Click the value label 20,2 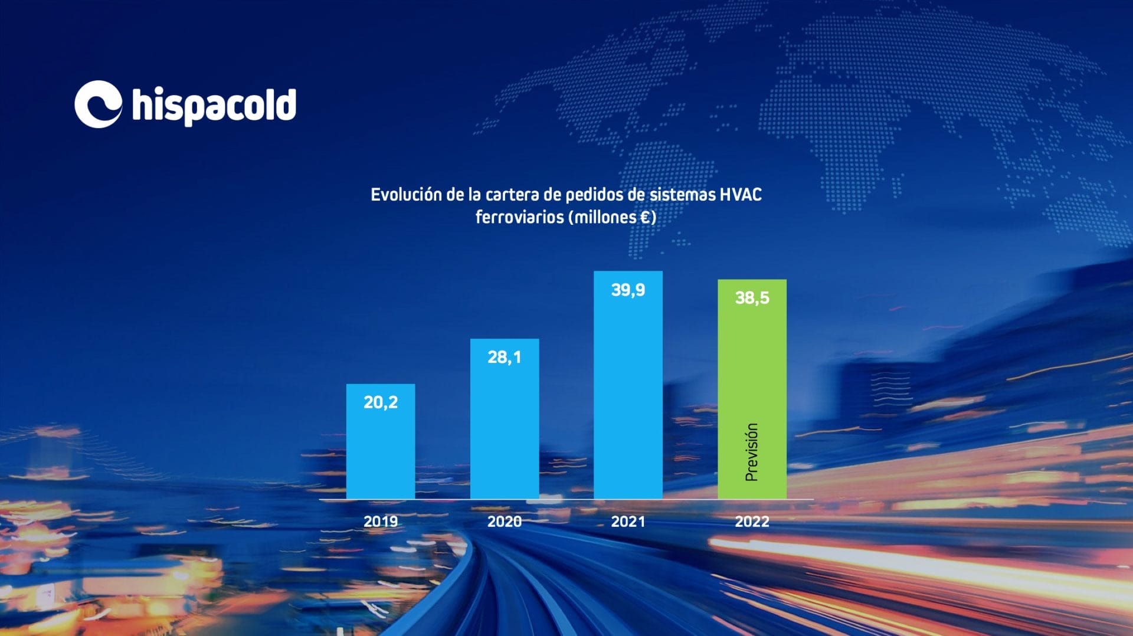tap(381, 402)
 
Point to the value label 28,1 tap(505, 357)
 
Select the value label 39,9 tap(628, 290)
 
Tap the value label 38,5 tap(752, 298)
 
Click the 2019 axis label tap(381, 522)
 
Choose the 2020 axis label tap(505, 522)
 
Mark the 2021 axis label tap(628, 522)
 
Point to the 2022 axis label tap(752, 522)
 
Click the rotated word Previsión tap(751, 452)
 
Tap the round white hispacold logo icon tap(98, 104)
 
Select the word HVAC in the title tap(741, 195)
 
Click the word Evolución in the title tap(406, 195)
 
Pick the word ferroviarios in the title tap(519, 217)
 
